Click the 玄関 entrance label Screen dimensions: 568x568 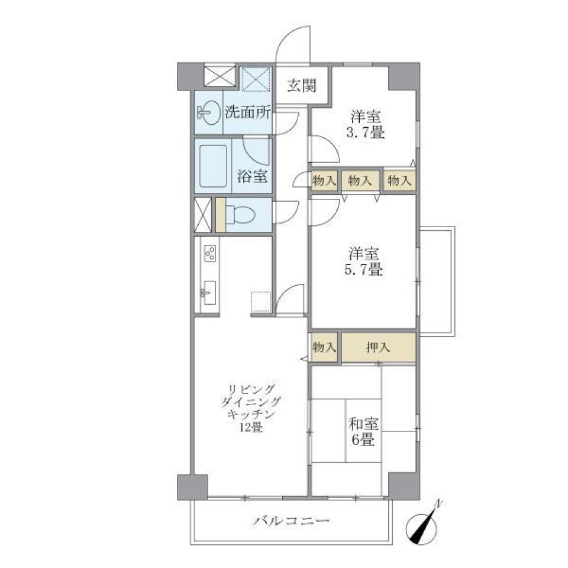tap(302, 86)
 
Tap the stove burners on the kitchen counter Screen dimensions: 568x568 tap(209, 254)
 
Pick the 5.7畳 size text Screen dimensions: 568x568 tap(363, 270)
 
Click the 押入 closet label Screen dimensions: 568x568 tap(378, 348)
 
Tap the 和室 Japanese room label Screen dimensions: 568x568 tap(363, 425)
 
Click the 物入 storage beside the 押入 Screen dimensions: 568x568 tap(324, 348)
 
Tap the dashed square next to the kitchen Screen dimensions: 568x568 tap(260, 302)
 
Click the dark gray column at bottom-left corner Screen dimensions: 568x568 tap(192, 487)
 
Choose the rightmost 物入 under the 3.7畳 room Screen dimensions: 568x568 tap(399, 181)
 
